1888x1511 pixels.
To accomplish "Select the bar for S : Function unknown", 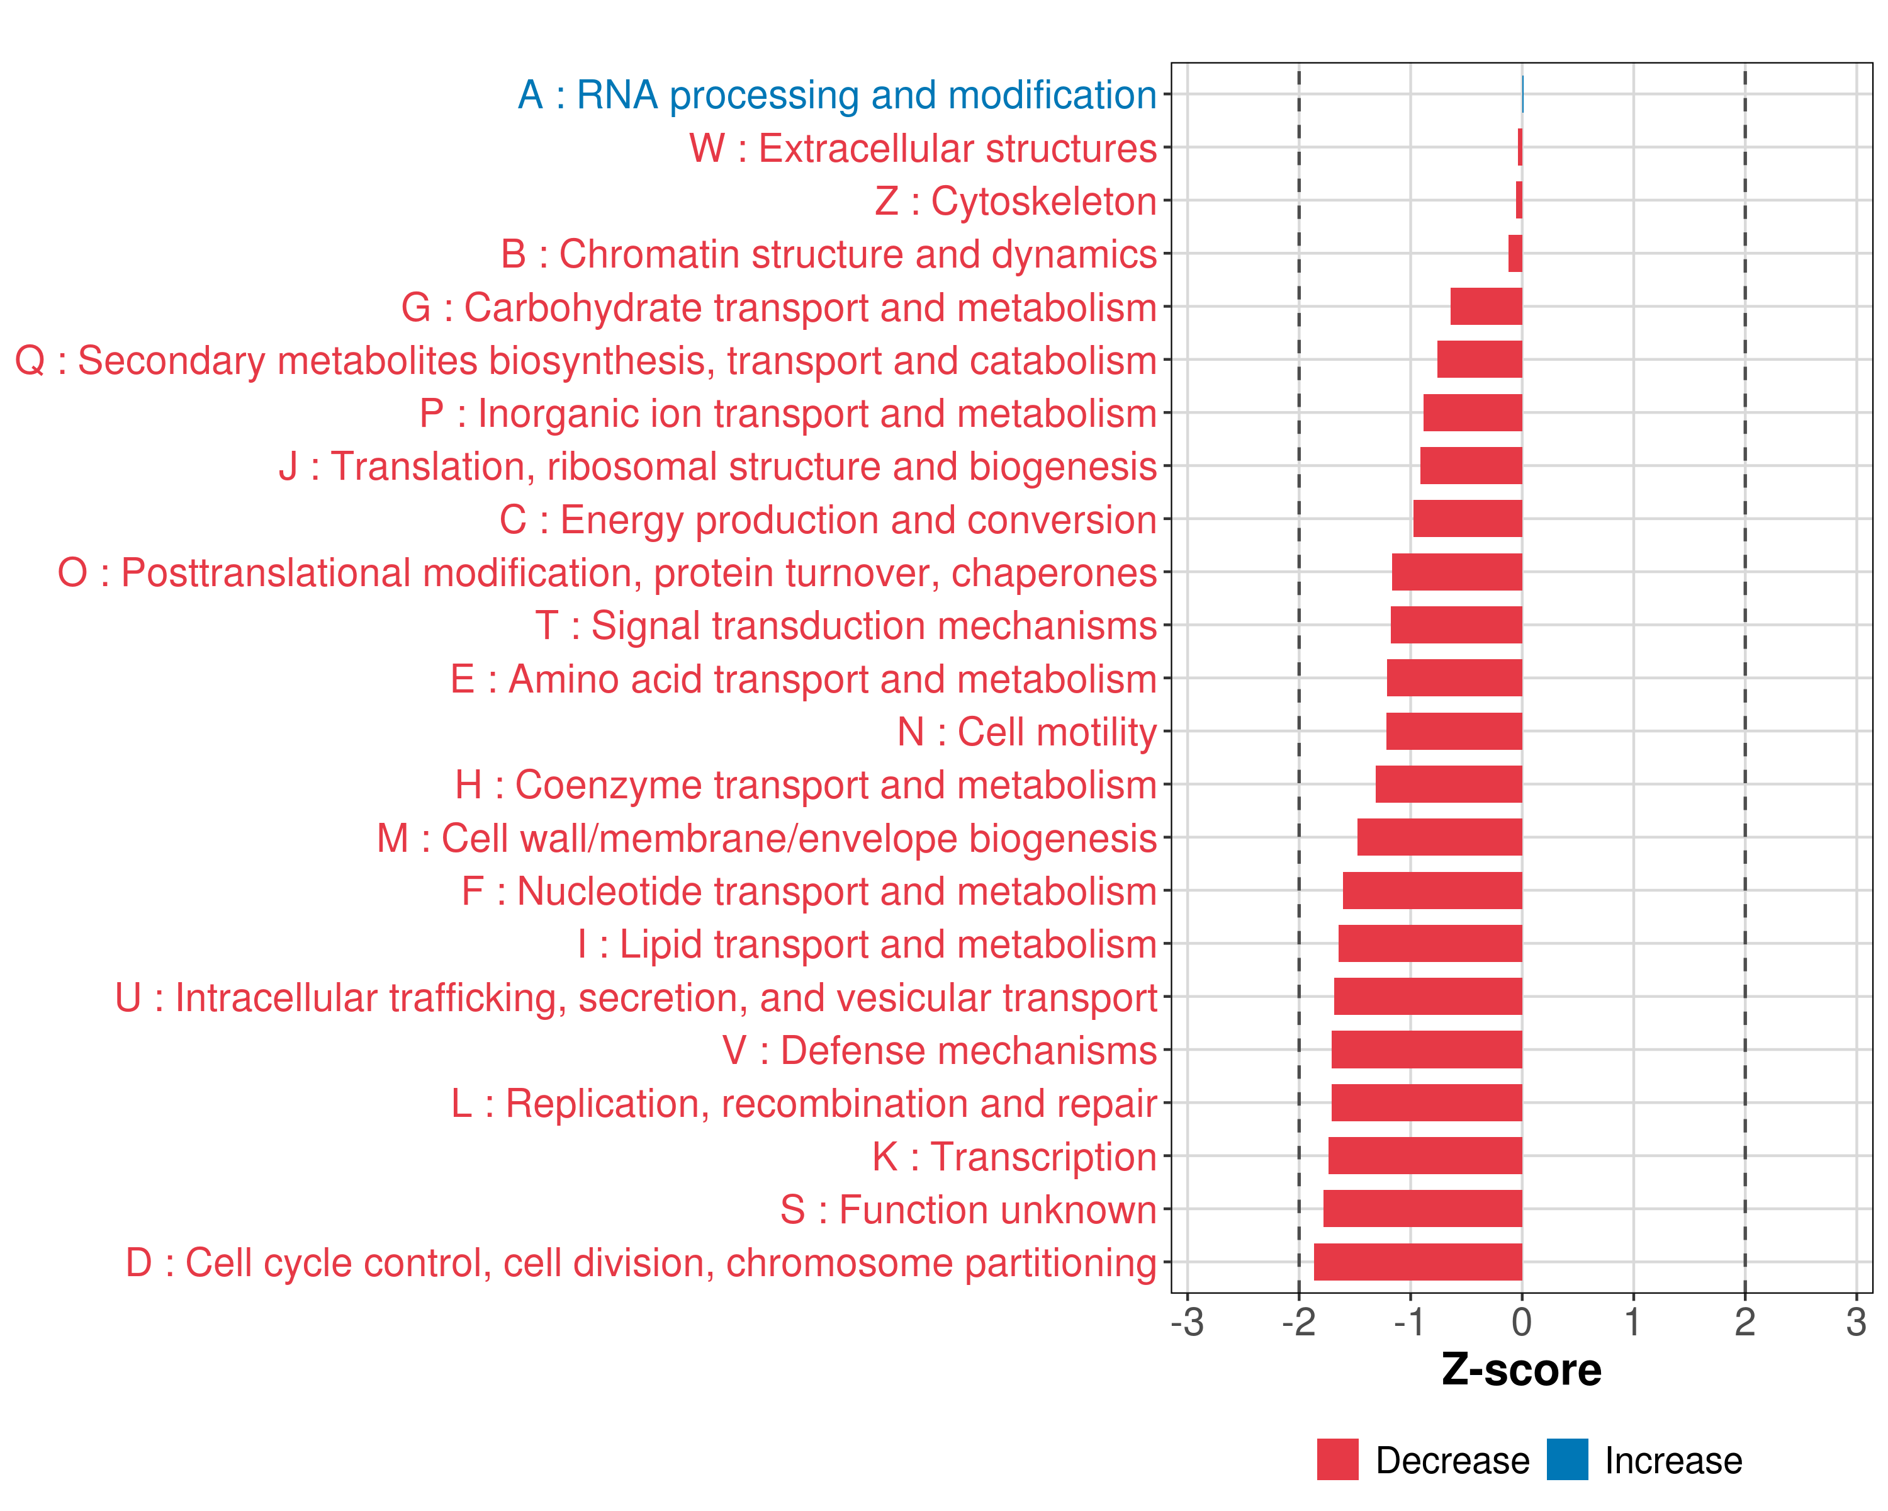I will pos(1422,1208).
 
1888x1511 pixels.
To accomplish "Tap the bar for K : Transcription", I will pos(1425,1155).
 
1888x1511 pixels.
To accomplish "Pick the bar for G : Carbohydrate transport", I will pos(1486,307).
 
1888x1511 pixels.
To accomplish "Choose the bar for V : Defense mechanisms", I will pos(1427,1050).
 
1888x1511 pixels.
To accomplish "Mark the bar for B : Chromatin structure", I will pos(1515,253).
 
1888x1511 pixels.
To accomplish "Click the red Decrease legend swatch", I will pos(1337,1459).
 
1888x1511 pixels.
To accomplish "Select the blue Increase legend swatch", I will pos(1566,1459).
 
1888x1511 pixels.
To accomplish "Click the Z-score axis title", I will pos(1521,1369).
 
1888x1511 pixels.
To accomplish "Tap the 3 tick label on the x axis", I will pos(1856,1321).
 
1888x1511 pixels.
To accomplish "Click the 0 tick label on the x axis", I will pos(1522,1321).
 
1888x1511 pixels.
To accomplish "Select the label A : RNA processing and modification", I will pos(837,94).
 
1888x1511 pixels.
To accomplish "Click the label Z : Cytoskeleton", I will pos(1016,201).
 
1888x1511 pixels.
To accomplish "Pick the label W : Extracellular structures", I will pos(923,148).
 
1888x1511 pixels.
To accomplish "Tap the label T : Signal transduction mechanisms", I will pos(846,625).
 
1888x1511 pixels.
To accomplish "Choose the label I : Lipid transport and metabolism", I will pos(867,944).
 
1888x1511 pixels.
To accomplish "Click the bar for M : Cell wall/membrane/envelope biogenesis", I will pos(1440,837).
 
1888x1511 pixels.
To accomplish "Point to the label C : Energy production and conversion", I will pos(828,519).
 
